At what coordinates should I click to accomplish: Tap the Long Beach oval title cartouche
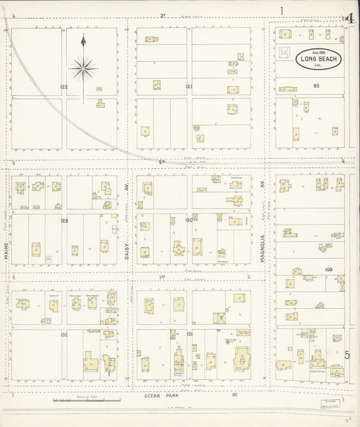pos(317,59)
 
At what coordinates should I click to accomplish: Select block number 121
pos(189,87)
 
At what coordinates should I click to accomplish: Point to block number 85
pos(315,86)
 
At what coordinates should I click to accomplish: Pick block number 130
pos(189,220)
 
